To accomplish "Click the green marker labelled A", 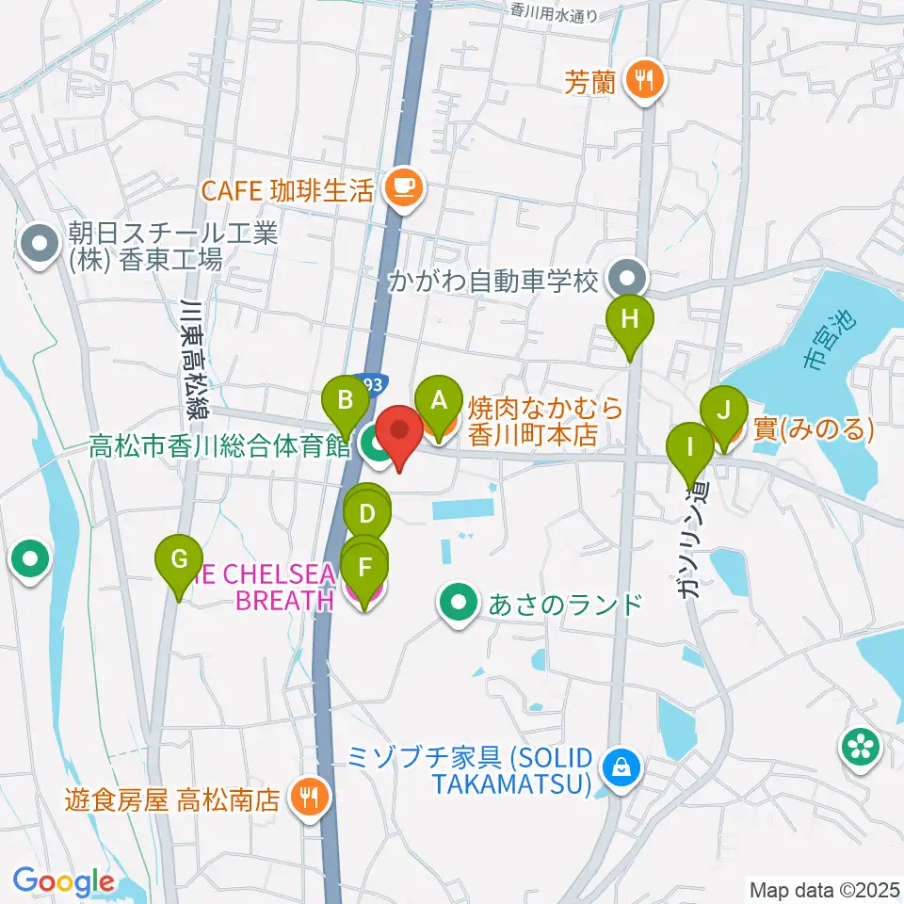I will point(437,400).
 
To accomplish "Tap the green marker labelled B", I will point(346,400).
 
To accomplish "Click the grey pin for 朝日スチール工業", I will point(40,245).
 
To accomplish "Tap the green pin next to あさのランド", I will point(459,604).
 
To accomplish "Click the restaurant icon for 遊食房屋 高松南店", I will point(307,799).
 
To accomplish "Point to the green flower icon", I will point(863,747).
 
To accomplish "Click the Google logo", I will point(63,881).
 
